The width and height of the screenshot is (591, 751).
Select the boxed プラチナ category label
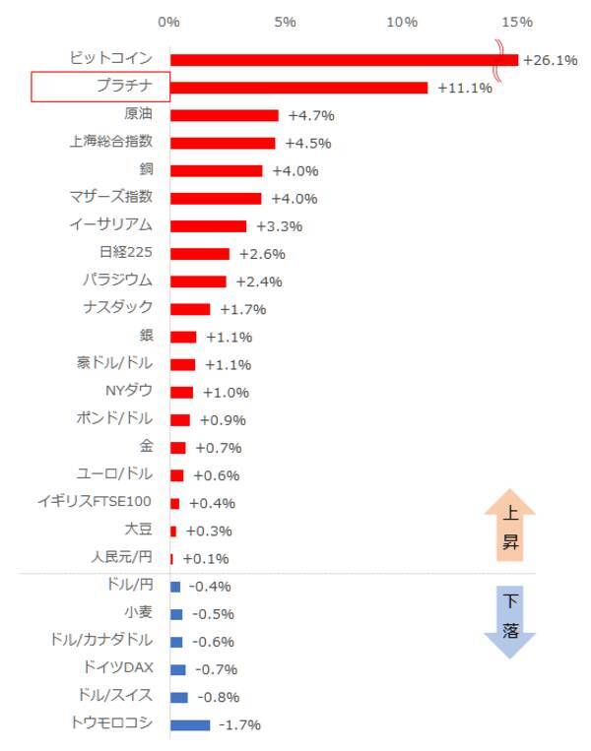point(100,87)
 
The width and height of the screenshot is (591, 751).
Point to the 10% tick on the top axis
point(403,21)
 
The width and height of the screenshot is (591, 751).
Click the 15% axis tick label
point(517,21)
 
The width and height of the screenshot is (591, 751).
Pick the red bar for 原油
point(225,115)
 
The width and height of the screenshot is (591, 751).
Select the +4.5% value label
point(307,144)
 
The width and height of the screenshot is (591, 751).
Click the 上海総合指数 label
point(111,142)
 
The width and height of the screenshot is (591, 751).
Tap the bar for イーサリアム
point(208,226)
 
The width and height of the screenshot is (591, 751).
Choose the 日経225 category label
point(126,253)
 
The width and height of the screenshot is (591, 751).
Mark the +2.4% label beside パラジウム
point(259,282)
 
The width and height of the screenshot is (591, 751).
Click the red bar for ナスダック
point(190,309)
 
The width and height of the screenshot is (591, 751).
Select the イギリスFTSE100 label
point(95,502)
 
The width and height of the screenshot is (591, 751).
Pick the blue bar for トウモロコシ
point(190,725)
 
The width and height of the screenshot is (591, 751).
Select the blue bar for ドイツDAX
point(177,669)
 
